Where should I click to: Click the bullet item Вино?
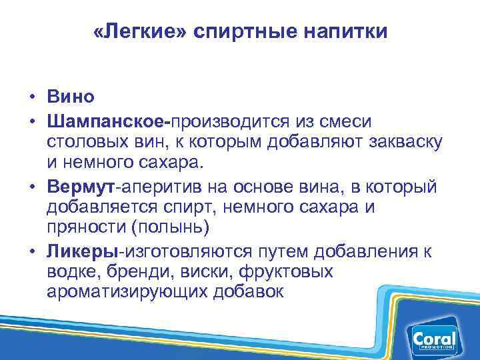(71, 97)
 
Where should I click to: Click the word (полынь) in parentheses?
(172, 229)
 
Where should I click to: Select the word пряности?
(87, 229)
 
